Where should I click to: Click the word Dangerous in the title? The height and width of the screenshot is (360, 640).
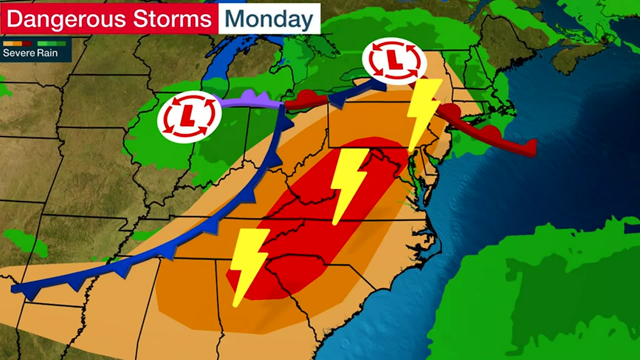(x=66, y=19)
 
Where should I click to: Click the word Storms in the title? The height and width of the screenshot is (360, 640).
(x=172, y=19)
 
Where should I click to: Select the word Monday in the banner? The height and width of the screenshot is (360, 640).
(x=269, y=19)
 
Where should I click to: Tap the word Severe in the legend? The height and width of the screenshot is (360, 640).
(x=19, y=53)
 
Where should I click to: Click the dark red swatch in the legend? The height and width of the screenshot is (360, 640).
(x=27, y=44)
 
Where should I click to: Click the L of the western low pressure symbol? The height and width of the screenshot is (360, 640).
(x=189, y=117)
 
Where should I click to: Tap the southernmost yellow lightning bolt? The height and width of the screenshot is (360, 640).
(x=248, y=263)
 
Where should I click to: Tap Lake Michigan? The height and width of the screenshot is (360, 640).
(x=217, y=67)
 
